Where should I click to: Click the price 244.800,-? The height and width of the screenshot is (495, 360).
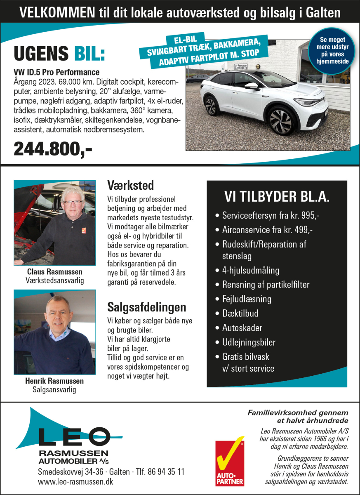tap(53, 148)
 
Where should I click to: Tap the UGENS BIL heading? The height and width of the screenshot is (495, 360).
tap(59, 54)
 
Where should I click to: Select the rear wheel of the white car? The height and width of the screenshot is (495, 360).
tap(212, 106)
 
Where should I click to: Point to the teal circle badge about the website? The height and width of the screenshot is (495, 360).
tap(334, 50)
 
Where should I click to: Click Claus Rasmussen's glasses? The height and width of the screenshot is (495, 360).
tap(72, 203)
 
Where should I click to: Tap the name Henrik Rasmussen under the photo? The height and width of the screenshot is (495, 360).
tap(54, 381)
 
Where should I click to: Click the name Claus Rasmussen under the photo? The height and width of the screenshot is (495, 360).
tap(54, 272)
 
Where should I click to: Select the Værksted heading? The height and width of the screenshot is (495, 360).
tap(130, 184)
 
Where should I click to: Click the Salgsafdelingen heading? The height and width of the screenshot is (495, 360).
tap(146, 307)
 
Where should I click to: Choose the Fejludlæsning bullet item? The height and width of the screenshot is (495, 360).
tap(247, 299)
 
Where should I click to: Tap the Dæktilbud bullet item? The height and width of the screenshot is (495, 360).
tap(240, 313)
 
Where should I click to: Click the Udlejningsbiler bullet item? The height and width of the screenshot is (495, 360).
tap(249, 342)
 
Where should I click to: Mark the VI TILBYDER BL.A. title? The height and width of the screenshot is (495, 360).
tap(277, 197)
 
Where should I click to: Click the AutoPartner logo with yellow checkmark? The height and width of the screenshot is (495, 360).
tap(230, 463)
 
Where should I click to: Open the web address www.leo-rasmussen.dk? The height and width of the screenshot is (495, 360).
tap(75, 481)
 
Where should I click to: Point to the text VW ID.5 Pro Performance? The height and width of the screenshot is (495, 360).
tap(56, 72)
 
